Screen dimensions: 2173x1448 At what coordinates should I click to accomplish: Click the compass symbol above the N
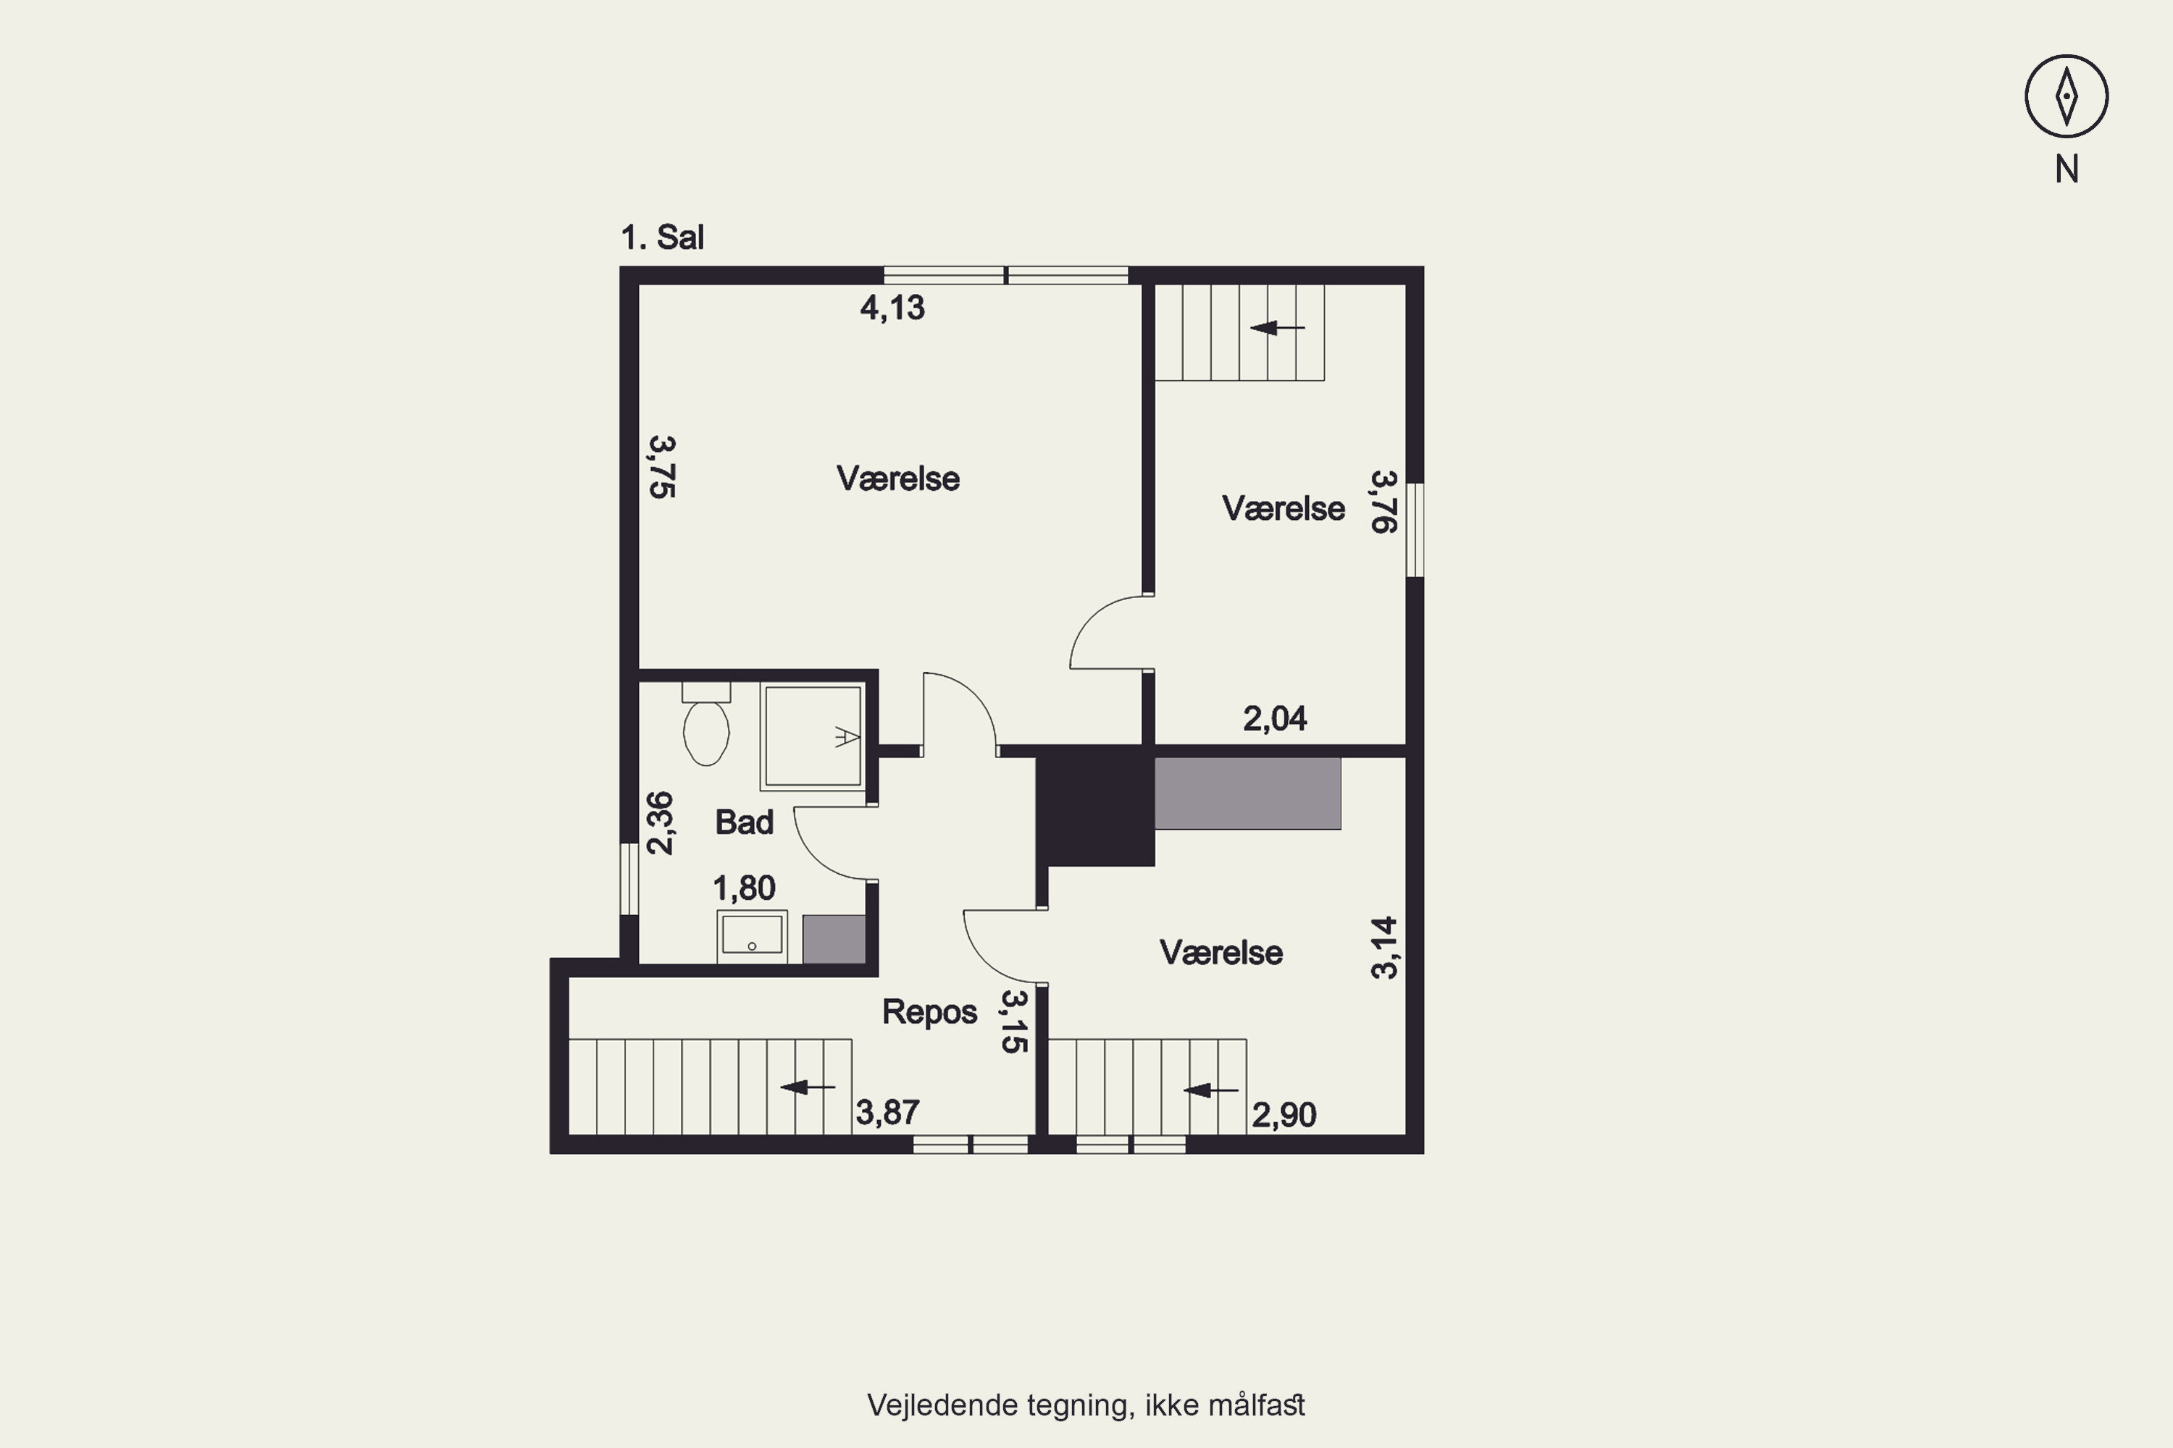coord(2066,96)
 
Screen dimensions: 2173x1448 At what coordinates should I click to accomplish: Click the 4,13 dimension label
coord(892,308)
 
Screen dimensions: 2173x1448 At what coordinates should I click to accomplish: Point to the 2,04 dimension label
coord(1275,718)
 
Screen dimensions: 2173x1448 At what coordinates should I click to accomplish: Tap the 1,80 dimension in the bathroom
coord(745,888)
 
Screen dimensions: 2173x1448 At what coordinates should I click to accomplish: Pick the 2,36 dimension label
coord(660,822)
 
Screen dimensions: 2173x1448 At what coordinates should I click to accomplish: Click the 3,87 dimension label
coord(888,1113)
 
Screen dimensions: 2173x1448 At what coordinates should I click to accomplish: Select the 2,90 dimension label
coord(1284,1116)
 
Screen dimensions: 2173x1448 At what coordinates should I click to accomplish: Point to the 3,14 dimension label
coord(1384,948)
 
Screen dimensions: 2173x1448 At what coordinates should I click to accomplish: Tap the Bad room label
coord(745,822)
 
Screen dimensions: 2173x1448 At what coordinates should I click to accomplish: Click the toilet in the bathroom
coord(706,724)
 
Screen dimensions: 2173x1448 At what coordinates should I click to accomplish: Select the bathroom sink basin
coord(752,935)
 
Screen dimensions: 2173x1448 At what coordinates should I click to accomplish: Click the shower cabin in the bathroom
coord(813,737)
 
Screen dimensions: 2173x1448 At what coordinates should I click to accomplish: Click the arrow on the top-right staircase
coord(1278,328)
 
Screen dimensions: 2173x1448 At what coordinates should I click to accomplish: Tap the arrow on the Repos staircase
coord(808,1087)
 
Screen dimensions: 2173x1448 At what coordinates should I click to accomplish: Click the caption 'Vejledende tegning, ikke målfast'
coord(1086,1405)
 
